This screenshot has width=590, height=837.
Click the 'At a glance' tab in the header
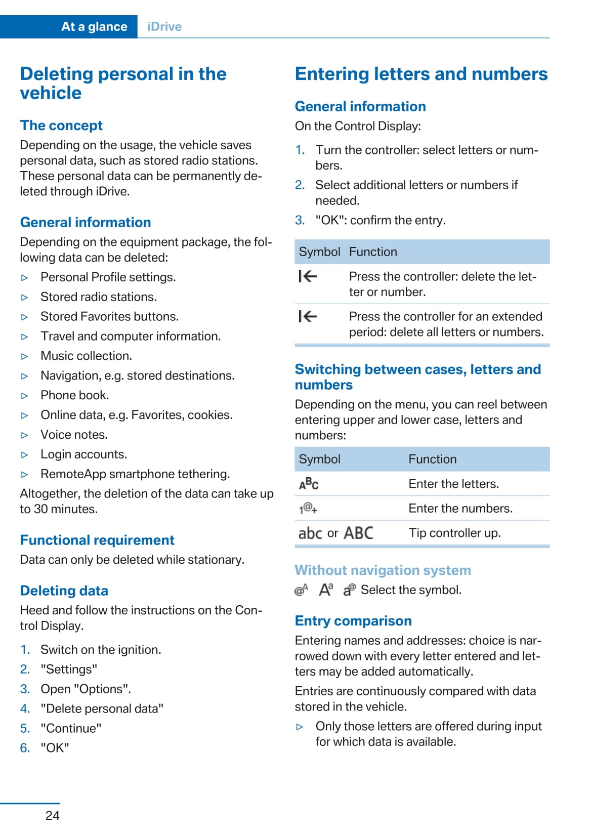coord(94,27)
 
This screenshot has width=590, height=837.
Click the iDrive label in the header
coord(164,27)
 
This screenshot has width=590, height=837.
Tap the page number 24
coord(52,815)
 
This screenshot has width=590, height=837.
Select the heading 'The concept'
coord(61,125)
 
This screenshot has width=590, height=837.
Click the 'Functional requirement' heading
coord(97,540)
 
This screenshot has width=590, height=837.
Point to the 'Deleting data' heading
coord(64,591)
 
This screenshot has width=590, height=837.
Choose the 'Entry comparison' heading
coord(353,621)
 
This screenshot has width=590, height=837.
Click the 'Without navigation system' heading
coord(383,570)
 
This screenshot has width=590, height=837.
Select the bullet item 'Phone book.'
coord(75,395)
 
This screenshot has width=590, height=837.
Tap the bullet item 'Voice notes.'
coord(74,435)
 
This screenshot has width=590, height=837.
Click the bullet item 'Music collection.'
coord(87,356)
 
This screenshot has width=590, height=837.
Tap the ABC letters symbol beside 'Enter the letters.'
coord(309,484)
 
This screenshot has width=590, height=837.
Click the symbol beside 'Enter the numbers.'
coord(308,509)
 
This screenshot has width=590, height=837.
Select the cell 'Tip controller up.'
coord(454,533)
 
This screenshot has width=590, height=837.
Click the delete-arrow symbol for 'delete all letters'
coord(308,317)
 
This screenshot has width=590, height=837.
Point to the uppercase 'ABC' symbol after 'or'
coord(358,533)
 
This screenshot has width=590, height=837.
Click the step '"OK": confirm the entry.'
coord(381,220)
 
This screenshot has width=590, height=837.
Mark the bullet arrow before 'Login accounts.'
coord(25,455)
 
